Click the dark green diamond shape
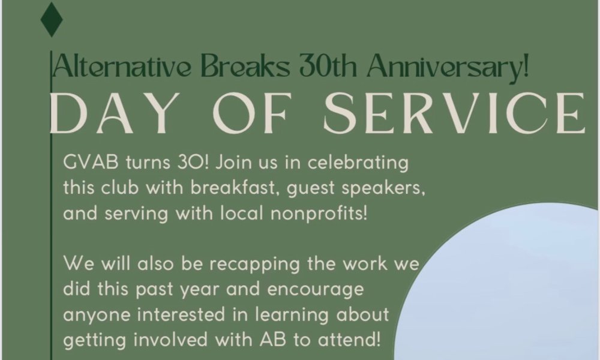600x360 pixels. (52, 20)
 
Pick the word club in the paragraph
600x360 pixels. (126, 189)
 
